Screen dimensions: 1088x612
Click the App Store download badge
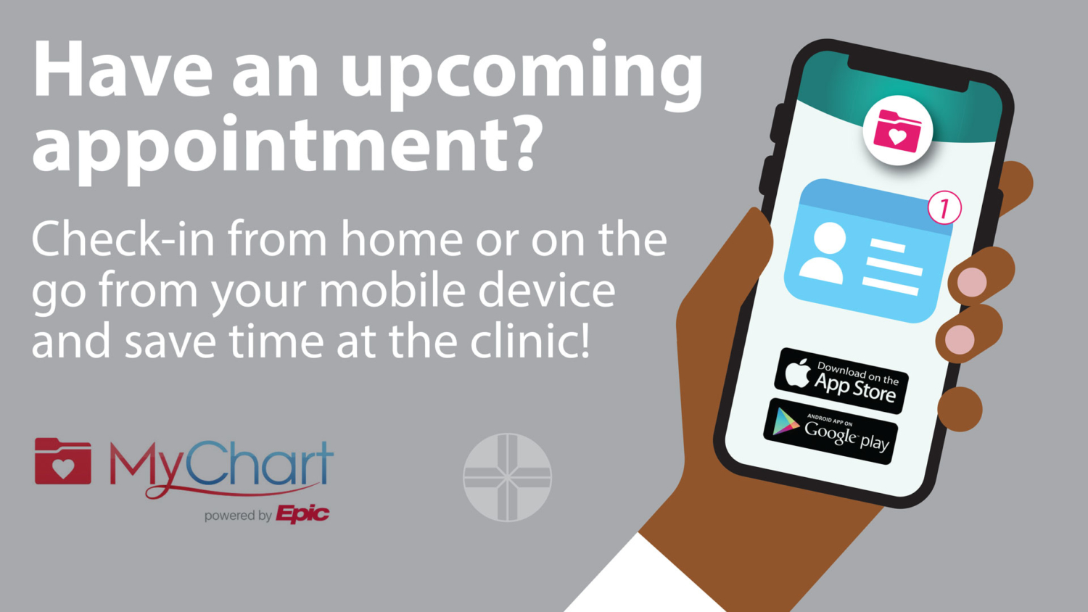click(841, 381)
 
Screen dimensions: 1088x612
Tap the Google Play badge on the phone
click(831, 431)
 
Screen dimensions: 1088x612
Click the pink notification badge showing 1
click(944, 207)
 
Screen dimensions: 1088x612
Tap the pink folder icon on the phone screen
click(897, 131)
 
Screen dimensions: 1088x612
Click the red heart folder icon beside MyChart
click(62, 461)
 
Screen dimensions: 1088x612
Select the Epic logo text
click(302, 514)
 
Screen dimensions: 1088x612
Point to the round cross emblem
click(507, 477)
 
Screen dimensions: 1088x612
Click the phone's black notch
click(908, 73)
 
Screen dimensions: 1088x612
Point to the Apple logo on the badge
click(797, 373)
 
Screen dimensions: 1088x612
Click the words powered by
click(237, 516)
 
